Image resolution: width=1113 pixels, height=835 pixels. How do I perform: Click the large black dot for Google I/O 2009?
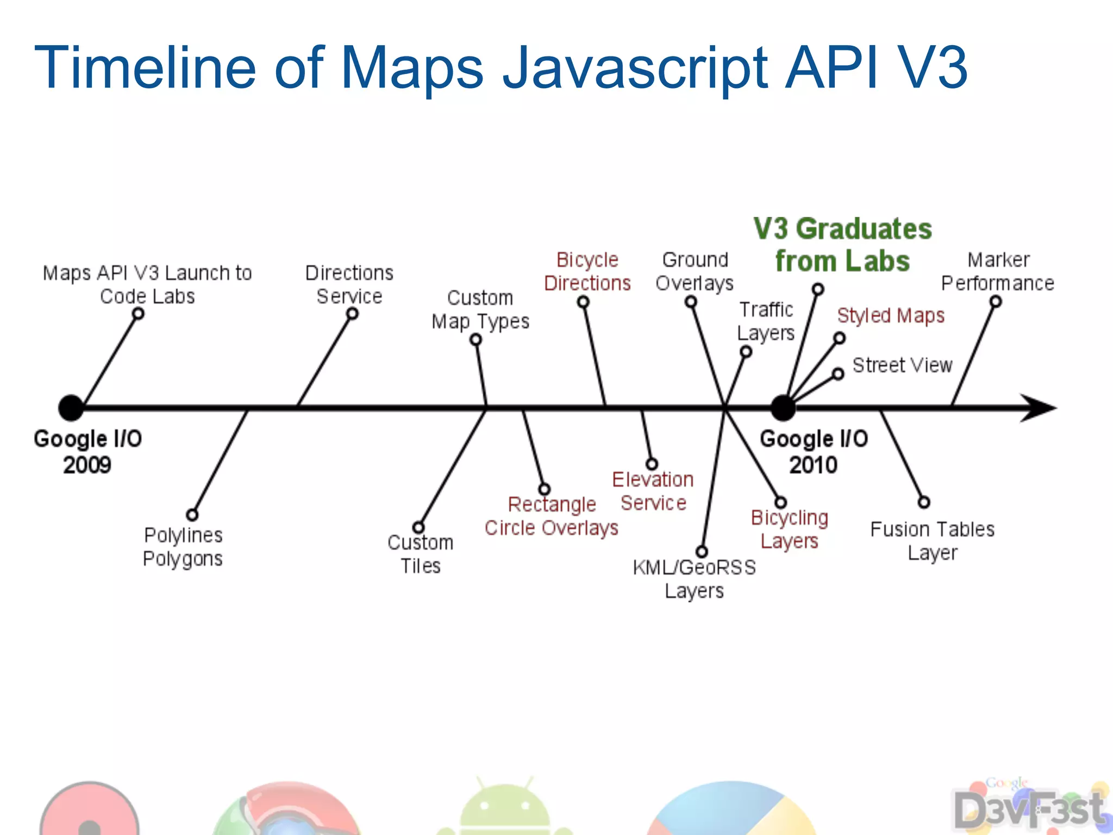point(71,408)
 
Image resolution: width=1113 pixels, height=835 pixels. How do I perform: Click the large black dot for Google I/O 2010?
point(783,408)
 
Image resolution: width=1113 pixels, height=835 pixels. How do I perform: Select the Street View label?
point(902,365)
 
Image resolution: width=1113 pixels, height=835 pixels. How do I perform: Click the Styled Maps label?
point(891,316)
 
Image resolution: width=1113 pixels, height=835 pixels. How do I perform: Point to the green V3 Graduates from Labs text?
point(842,245)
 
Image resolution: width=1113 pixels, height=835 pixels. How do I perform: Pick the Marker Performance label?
point(998,271)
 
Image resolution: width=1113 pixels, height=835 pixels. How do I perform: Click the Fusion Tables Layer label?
point(932,541)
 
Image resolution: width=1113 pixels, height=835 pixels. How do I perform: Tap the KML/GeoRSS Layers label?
point(694,579)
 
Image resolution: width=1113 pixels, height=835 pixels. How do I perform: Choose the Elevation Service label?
point(653,491)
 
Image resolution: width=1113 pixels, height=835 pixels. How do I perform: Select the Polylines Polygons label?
point(183,547)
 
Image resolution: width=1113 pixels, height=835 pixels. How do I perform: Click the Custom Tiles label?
point(420,554)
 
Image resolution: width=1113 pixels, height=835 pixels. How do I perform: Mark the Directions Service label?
point(349,284)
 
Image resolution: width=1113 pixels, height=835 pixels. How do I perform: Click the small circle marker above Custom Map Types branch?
point(476,340)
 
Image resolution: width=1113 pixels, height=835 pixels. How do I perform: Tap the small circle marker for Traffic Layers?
point(746,352)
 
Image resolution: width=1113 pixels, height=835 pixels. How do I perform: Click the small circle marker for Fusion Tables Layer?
point(924,502)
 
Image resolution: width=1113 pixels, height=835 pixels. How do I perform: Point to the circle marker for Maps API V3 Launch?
point(139,314)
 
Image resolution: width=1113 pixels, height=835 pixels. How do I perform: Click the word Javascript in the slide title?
point(635,68)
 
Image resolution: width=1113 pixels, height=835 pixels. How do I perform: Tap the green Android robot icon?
point(504,807)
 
